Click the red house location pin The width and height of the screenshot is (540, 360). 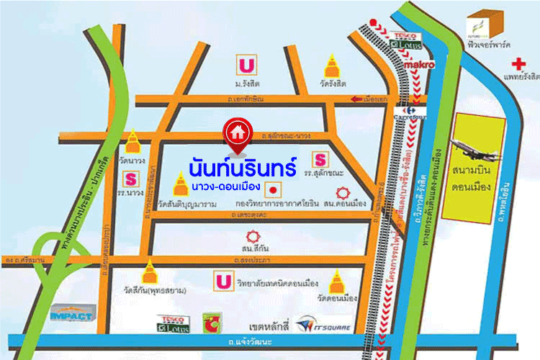[x=236, y=133]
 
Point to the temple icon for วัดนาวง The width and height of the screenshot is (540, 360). [x=133, y=143]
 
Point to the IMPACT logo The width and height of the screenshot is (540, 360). [x=71, y=314]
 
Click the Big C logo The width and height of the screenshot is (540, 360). [x=211, y=320]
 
